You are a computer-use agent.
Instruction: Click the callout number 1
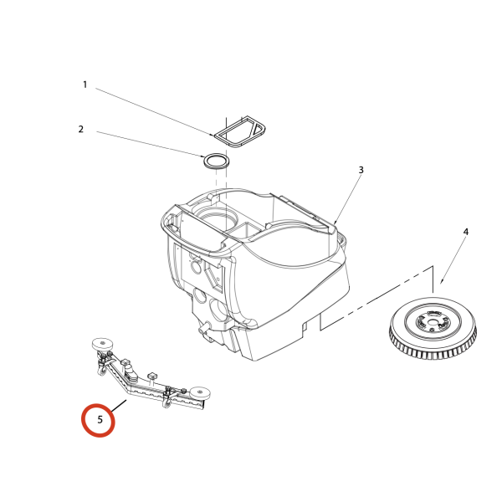click(x=85, y=85)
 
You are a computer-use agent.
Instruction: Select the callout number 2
click(x=81, y=129)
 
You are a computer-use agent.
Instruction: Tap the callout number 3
click(x=361, y=170)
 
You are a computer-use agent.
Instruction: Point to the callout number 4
click(x=466, y=232)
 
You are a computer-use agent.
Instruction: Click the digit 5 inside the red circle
click(x=100, y=419)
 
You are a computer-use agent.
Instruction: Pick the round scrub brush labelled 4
click(x=433, y=328)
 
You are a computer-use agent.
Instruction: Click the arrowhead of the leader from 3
click(x=335, y=223)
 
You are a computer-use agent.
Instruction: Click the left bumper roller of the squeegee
click(x=102, y=345)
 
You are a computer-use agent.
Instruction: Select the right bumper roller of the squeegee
click(x=200, y=393)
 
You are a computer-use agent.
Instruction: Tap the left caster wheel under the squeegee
click(x=102, y=371)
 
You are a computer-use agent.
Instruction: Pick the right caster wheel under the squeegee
click(x=167, y=402)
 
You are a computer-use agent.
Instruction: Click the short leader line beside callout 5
click(x=119, y=406)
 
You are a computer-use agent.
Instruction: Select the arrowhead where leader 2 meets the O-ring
click(x=202, y=156)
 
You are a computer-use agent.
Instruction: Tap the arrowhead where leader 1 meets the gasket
click(x=212, y=135)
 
